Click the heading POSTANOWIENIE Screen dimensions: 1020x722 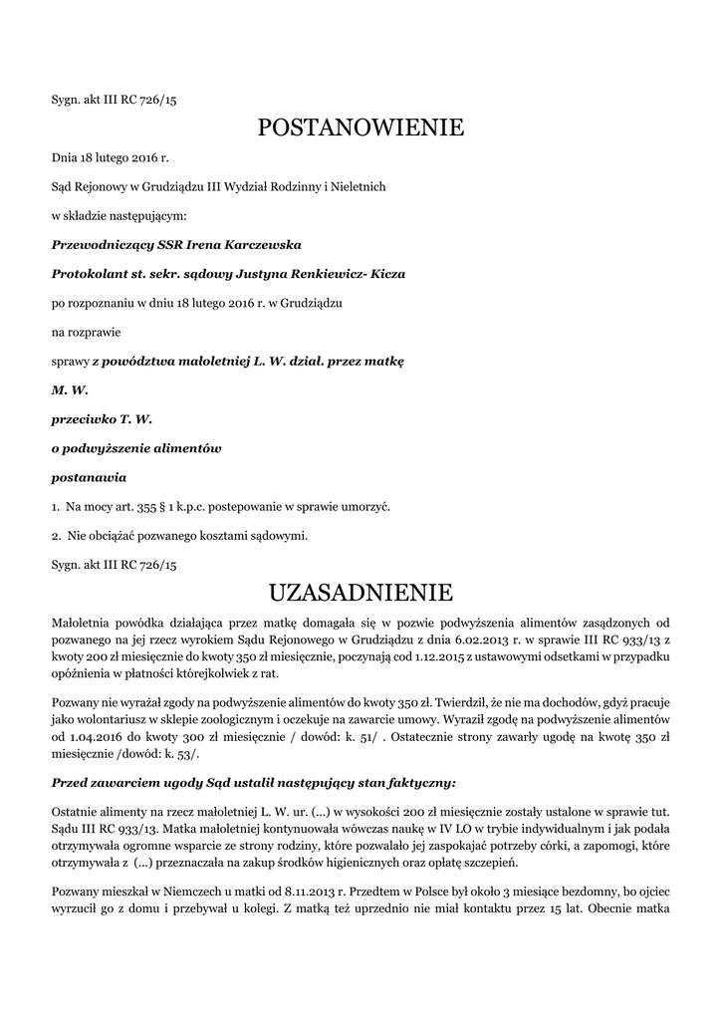(361, 127)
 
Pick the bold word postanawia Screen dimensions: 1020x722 (89, 477)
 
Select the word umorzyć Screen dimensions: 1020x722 (366, 506)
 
